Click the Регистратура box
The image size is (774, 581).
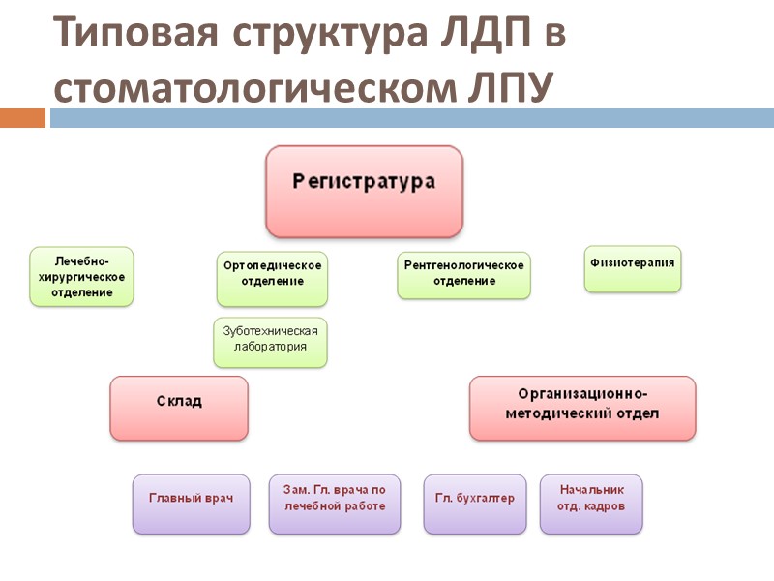tap(365, 192)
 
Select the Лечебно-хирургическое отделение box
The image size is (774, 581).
tap(81, 277)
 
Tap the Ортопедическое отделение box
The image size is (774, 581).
tap(271, 279)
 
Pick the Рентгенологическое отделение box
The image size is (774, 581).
tap(464, 274)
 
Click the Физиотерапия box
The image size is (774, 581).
tap(633, 268)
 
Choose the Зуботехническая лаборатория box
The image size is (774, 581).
tap(271, 342)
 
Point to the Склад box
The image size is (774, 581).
tap(179, 408)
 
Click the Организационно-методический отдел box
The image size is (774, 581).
tap(582, 408)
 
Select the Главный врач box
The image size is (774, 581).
tap(192, 504)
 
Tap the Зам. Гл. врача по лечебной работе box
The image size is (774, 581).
tap(335, 504)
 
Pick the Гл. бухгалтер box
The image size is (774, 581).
tap(475, 504)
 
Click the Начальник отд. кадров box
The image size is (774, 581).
tap(591, 504)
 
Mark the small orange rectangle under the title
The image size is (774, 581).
tap(22, 118)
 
